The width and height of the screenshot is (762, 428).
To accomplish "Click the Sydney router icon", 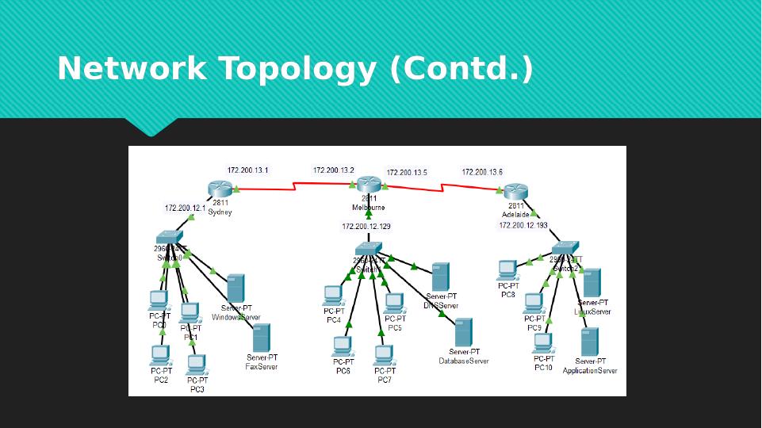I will (x=219, y=189).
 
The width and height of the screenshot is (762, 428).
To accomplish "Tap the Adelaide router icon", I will (x=515, y=192).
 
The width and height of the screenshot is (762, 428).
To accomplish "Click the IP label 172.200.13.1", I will (x=247, y=170).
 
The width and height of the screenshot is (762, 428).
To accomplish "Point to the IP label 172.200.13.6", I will (x=482, y=172).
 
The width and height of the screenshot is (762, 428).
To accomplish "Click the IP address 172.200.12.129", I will (x=366, y=227).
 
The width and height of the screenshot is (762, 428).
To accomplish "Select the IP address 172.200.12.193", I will (x=523, y=226).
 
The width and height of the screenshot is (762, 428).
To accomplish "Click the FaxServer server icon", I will (x=261, y=338).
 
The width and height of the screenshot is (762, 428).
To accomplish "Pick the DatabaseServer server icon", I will (x=463, y=333).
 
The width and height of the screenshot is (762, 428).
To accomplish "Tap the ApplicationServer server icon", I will (x=589, y=342).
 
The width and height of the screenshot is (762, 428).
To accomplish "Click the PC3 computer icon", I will (x=196, y=365).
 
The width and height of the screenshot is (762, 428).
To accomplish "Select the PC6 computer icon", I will (x=343, y=346).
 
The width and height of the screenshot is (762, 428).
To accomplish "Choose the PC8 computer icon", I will (x=507, y=270).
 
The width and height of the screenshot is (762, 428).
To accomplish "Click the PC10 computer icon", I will (x=542, y=343).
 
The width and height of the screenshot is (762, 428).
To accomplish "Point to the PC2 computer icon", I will (x=160, y=355).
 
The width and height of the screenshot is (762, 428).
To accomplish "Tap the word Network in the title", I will (x=132, y=69).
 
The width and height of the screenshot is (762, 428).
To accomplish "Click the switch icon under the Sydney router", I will (x=169, y=237).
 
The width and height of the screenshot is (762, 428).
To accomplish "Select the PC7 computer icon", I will (x=384, y=354).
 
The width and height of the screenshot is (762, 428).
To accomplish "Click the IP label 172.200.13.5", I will (x=407, y=173).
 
